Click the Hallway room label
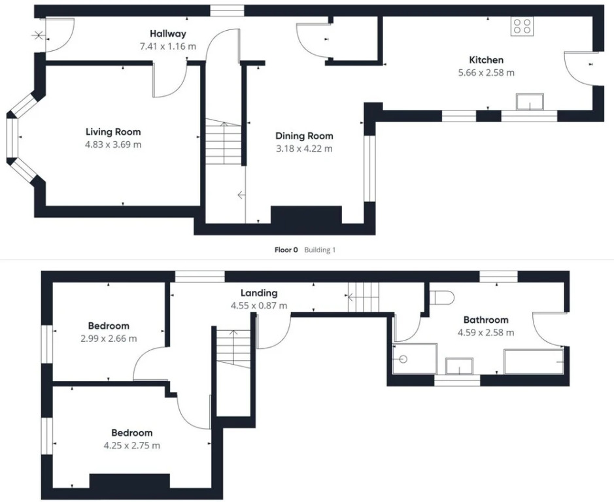point(167,34)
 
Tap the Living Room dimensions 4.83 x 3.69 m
point(113,144)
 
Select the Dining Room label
point(304,136)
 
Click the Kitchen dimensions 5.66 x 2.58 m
point(486,73)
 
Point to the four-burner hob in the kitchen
point(522,26)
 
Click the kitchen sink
point(530,102)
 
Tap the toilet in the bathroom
point(442,297)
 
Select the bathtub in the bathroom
point(534,361)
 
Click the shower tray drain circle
point(403,359)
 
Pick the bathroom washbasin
point(459,366)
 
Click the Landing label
point(259,293)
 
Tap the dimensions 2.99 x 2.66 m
point(109,339)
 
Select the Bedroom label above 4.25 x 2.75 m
point(132,433)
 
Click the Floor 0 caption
point(286,250)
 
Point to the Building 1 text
point(320,250)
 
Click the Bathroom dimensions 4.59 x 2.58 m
point(486,333)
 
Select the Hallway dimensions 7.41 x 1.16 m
point(168,46)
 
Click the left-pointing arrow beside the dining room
point(241,195)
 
